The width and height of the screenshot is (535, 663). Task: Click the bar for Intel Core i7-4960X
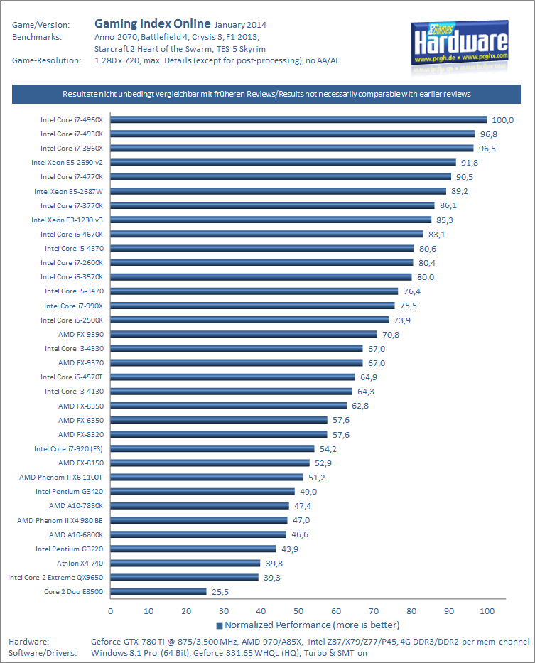(298, 119)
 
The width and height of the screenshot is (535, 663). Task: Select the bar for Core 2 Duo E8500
(158, 591)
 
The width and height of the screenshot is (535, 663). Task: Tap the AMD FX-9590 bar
(244, 334)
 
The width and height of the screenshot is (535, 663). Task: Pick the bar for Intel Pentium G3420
(202, 491)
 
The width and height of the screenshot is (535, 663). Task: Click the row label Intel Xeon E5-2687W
(68, 191)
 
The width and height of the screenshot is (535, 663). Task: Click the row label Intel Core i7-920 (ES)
(68, 448)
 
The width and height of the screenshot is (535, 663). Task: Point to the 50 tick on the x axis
(298, 610)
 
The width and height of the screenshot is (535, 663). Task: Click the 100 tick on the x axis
(487, 610)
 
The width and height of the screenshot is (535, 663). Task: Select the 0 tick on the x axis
(111, 610)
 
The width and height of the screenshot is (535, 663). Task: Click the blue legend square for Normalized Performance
(220, 625)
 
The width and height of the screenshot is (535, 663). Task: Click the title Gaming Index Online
(152, 23)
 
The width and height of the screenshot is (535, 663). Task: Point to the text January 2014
(239, 25)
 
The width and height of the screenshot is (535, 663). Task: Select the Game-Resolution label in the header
(46, 60)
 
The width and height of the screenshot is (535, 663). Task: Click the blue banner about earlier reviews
(267, 94)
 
